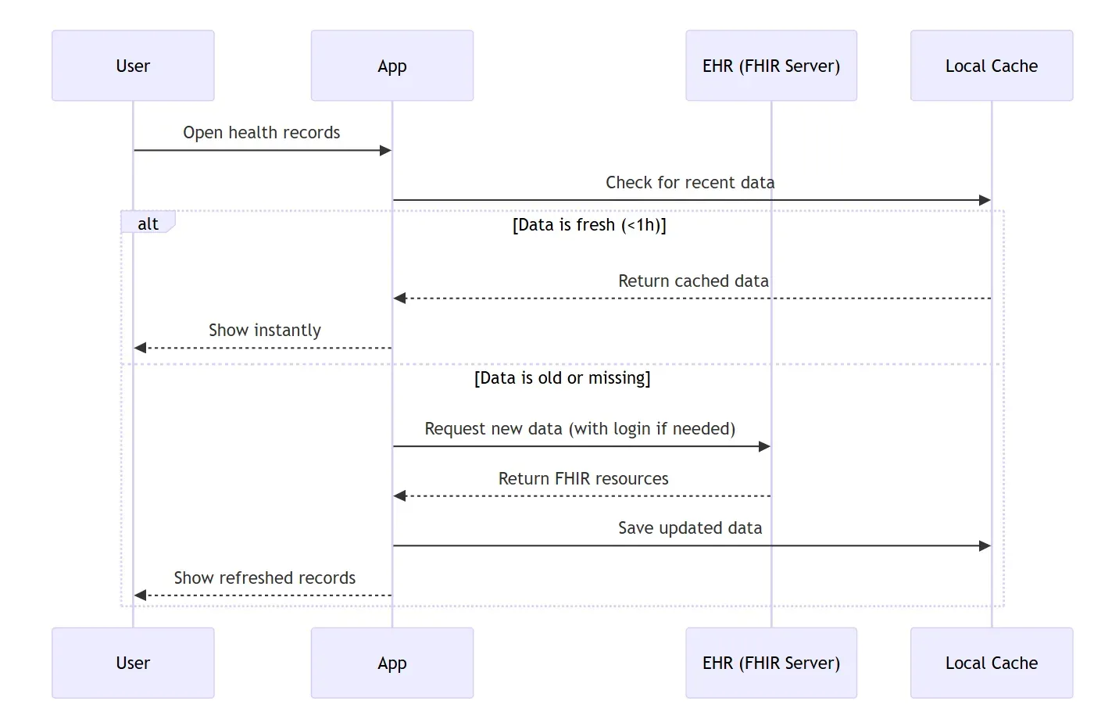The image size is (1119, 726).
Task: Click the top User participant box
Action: pos(133,66)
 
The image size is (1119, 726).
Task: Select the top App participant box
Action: pos(391,66)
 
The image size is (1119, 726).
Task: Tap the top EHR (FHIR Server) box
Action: pos(770,66)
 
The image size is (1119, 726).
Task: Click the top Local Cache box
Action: pos(991,66)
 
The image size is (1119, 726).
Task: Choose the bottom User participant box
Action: pos(133,663)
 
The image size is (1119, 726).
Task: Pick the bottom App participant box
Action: pos(391,663)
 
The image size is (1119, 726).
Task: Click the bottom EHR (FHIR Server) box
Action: pos(770,663)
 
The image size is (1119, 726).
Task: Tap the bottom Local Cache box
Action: pos(991,663)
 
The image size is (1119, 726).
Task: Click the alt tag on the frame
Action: pos(148,224)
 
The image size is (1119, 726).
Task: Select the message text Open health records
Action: pos(261,132)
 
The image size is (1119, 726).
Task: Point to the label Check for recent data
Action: pos(690,182)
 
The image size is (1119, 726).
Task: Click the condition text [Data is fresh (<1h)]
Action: pos(589,225)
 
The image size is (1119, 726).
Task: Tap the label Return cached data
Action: pos(693,281)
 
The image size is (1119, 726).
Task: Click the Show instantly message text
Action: pos(264,330)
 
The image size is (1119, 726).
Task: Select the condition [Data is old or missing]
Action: pos(562,378)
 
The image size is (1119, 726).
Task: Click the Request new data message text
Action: pos(580,428)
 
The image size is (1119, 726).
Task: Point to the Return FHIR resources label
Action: pos(583,478)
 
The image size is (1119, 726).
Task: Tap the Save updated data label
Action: pos(689,528)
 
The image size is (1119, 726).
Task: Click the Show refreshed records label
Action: pos(264,578)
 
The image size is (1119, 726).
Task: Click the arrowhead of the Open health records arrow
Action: pos(385,150)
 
